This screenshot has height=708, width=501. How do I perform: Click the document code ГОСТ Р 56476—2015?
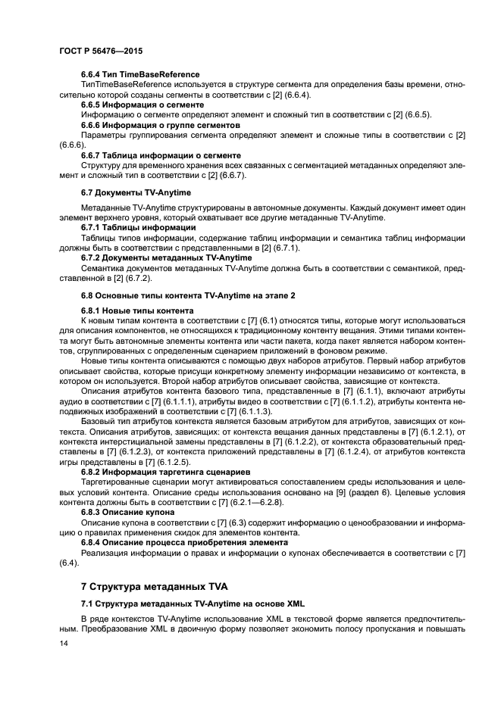point(100,50)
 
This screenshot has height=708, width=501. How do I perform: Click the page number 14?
point(64,643)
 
